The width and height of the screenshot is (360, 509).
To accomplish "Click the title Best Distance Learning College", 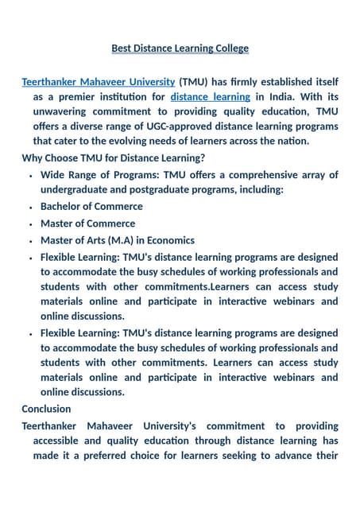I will pyautogui.click(x=180, y=49).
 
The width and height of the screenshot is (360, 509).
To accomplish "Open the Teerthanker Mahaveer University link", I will pyautogui.click(x=98, y=82).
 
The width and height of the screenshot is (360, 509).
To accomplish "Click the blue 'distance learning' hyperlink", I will pyautogui.click(x=210, y=97).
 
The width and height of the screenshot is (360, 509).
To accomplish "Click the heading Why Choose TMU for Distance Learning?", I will pyautogui.click(x=113, y=157).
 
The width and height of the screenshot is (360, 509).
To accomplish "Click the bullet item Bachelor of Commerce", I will pyautogui.click(x=91, y=207).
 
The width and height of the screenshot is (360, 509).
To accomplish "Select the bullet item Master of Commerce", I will pyautogui.click(x=87, y=223).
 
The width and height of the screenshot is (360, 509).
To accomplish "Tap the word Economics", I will pyautogui.click(x=167, y=240).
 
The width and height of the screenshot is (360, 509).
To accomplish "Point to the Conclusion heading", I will pyautogui.click(x=46, y=409).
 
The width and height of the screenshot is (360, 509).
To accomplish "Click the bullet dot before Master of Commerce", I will pyautogui.click(x=29, y=223).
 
